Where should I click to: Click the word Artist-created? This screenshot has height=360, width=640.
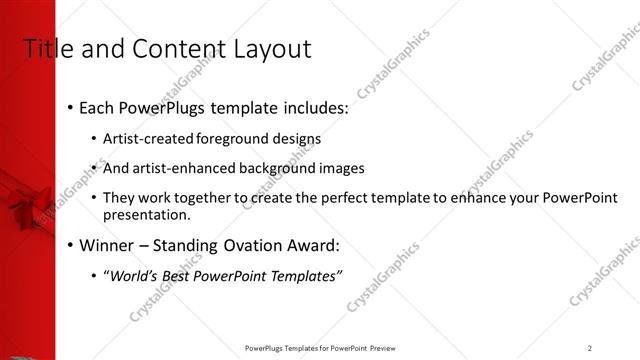(149, 138)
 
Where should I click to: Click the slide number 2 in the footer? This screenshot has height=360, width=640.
(589, 348)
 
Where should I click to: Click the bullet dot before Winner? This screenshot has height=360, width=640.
(70, 245)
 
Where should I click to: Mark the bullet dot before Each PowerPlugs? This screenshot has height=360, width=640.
(70, 107)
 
